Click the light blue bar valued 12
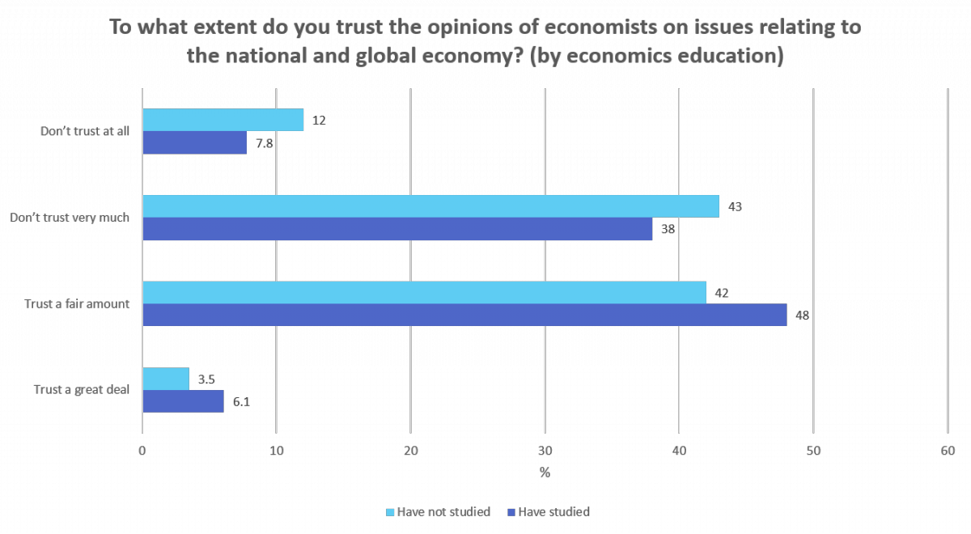(223, 120)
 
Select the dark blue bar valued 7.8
(194, 142)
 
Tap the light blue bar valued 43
(430, 206)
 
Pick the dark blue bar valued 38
(396, 229)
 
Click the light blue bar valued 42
(424, 292)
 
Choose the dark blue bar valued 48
(464, 315)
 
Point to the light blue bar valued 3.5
(166, 379)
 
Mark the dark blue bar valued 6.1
(183, 401)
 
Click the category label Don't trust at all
(85, 131)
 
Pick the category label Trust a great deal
(82, 390)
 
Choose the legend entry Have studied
(553, 511)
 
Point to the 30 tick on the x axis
(545, 451)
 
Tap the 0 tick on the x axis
(142, 451)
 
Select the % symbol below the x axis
(545, 473)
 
